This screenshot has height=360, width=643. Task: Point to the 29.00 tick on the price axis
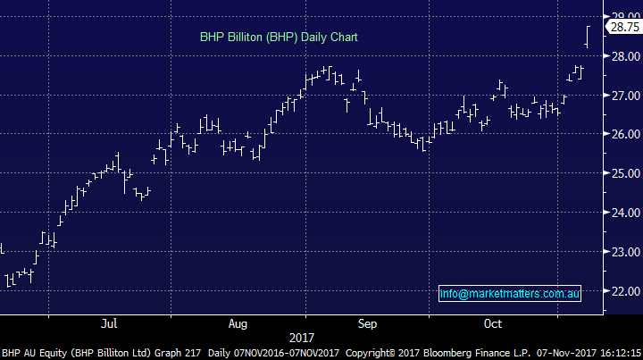click(622, 16)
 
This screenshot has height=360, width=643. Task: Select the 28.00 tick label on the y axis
click(622, 55)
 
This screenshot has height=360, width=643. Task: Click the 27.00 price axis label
click(622, 95)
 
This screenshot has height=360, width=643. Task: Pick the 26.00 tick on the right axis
click(622, 134)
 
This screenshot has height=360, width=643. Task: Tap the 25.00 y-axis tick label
click(622, 173)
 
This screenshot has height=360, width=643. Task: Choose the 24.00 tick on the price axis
click(622, 213)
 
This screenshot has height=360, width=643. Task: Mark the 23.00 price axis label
click(622, 252)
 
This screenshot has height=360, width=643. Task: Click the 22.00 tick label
click(622, 291)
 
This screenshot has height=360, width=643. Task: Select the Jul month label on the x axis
click(110, 322)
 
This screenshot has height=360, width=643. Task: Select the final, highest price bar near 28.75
click(587, 37)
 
